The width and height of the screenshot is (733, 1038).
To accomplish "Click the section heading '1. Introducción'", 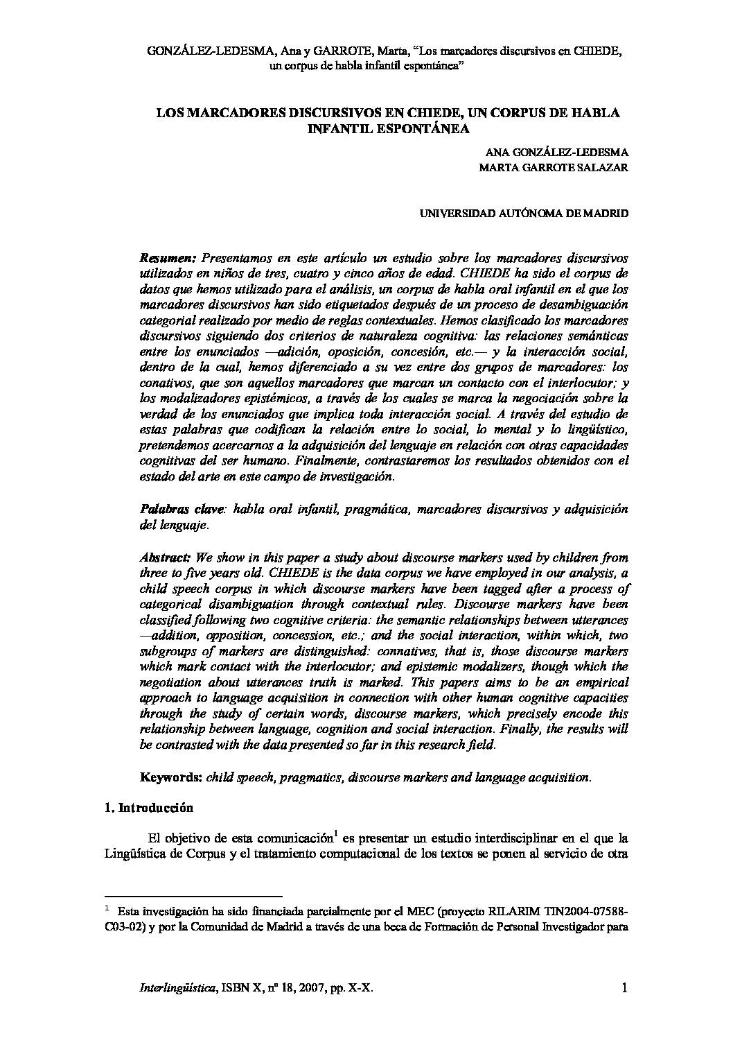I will [148, 808].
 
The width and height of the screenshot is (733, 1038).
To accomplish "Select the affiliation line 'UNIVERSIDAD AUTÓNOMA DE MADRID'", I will [524, 214].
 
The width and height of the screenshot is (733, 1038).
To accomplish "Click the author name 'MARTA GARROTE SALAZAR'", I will [559, 167].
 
